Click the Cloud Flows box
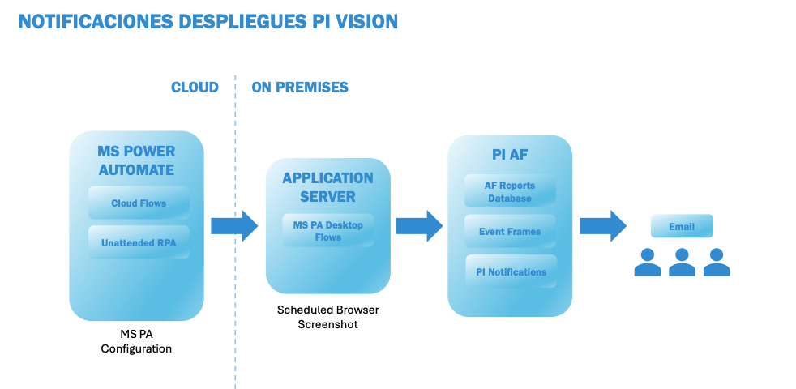coord(138,203)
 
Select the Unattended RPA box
coord(138,242)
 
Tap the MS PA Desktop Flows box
coord(327,231)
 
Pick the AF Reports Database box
coord(510,192)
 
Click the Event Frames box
coord(510,232)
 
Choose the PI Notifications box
coord(511,271)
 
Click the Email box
coord(682,227)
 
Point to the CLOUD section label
coord(195,88)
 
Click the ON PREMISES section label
coord(300,88)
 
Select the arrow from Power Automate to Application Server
coord(233,225)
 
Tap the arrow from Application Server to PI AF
coord(419,225)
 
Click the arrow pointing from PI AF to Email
coord(603,225)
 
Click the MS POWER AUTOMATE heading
coord(136,160)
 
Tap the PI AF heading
coord(510,155)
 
